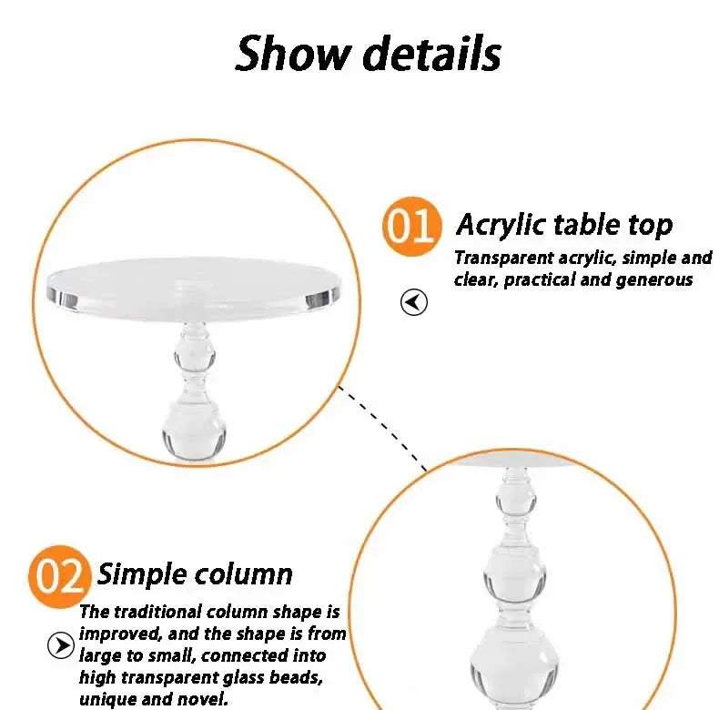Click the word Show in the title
pyautogui.click(x=293, y=54)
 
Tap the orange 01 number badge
pyautogui.click(x=410, y=225)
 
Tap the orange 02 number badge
pyautogui.click(x=58, y=575)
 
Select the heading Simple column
pyautogui.click(x=195, y=573)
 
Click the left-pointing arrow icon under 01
pyautogui.click(x=414, y=302)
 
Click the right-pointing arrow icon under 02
pyautogui.click(x=59, y=645)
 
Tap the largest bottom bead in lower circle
pyautogui.click(x=513, y=669)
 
